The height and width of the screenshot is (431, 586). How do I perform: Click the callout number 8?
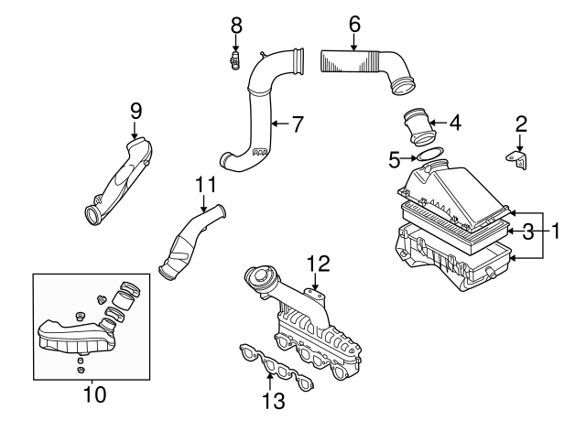236,26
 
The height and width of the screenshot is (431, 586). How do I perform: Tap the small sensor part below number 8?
235,62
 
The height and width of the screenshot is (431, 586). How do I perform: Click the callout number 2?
520,123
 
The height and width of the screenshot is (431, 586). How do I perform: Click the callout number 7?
296,124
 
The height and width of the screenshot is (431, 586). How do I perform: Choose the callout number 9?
136,110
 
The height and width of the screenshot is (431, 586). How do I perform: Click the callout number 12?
317,263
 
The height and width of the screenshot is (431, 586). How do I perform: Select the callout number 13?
274,400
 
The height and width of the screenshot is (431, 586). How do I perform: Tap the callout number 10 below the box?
94,395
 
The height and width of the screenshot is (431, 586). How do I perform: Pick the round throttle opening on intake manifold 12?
261,280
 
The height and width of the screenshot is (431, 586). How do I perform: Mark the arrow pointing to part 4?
438,122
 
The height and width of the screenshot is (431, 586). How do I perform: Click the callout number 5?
395,160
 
